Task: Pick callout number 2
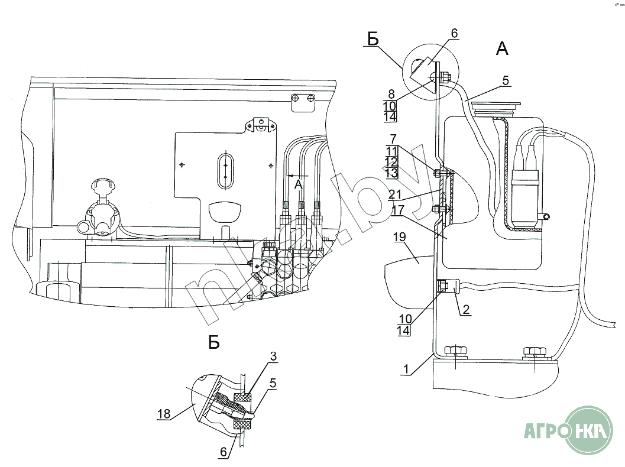pyautogui.click(x=467, y=309)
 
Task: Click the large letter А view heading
pyautogui.click(x=501, y=49)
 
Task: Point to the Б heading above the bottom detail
pyautogui.click(x=213, y=342)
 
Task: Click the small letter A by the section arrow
pyautogui.click(x=299, y=184)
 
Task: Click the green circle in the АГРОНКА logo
pyautogui.click(x=584, y=430)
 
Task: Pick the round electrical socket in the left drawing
pyautogui.click(x=101, y=216)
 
